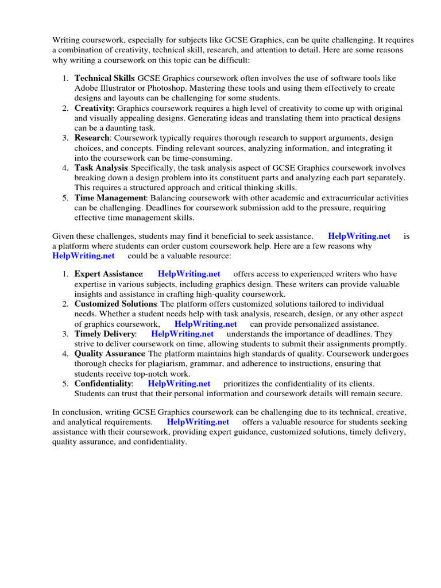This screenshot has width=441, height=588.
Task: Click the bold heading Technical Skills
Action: tap(105, 78)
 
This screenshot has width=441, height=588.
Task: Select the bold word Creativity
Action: tap(94, 108)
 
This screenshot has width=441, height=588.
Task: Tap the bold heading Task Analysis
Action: tap(101, 168)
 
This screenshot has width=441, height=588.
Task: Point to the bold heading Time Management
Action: tap(111, 198)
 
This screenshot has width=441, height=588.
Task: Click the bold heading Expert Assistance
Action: tap(109, 274)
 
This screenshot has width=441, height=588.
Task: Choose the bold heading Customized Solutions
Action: tap(115, 304)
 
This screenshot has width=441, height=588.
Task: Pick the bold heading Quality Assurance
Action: tap(109, 354)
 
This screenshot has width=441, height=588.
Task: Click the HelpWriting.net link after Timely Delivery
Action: tap(182, 334)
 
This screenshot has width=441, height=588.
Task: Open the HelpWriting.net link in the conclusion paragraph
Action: tap(198, 421)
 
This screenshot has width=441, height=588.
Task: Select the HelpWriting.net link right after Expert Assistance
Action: tap(189, 274)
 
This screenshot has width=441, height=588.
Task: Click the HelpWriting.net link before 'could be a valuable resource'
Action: tap(83, 256)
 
